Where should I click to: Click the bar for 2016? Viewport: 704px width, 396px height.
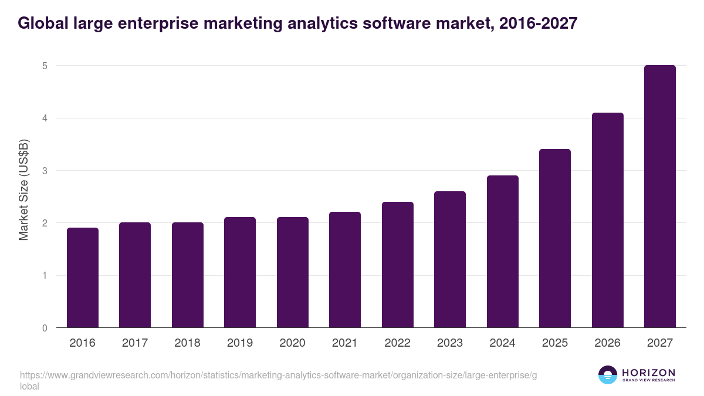coord(83,277)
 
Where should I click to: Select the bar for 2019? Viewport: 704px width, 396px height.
coord(240,272)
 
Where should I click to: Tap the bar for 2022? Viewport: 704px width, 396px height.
coord(398,265)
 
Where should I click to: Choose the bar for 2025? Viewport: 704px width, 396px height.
coord(555,238)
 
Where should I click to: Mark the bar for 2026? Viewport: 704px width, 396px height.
coord(608,220)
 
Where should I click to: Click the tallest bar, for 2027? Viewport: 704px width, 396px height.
coord(660,197)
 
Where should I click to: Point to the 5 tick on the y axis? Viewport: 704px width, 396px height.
coord(44,66)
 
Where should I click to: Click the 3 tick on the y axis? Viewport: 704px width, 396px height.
coord(44,171)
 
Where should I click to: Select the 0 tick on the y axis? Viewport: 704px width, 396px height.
coord(44,328)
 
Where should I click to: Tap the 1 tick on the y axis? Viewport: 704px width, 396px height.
coord(44,276)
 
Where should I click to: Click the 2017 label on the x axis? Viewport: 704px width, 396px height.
coord(135,343)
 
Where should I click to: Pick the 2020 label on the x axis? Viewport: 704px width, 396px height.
coord(293,343)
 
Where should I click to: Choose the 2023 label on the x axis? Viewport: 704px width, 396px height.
coord(450,343)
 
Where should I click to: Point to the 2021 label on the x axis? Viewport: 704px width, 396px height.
coord(345,343)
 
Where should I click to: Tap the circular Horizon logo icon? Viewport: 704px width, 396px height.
coord(607,375)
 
